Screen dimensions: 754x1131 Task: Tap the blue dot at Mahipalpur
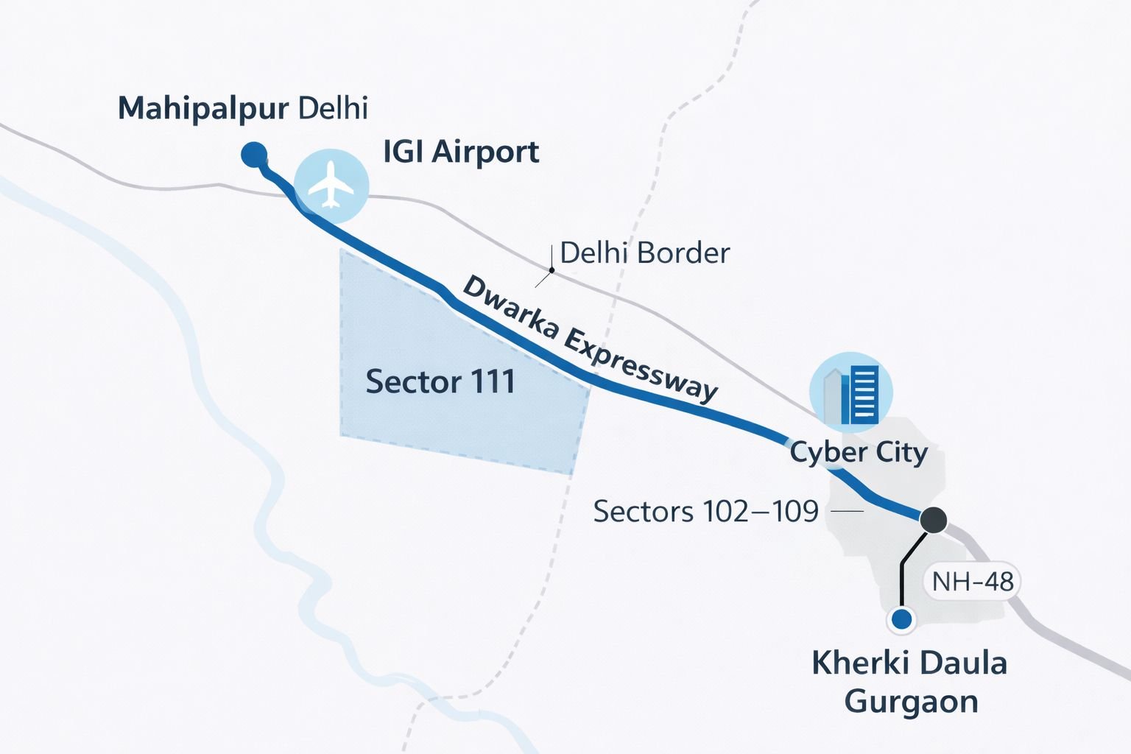pos(254,155)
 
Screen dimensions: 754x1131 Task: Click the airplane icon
pos(331,185)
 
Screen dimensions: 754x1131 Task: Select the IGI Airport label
pos(461,152)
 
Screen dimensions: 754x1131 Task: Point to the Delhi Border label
pos(644,253)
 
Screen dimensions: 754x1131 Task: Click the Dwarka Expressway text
pos(589,339)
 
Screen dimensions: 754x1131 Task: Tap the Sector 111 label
pos(440,381)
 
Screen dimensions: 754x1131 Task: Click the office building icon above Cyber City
pos(851,393)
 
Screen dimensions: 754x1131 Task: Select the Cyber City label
pos(859,451)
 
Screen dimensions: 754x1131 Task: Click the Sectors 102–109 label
pos(705,511)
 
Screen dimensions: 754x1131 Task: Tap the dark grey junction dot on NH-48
pos(934,520)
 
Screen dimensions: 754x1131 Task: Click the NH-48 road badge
pos(973,582)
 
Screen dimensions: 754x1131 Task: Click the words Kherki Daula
pos(909,663)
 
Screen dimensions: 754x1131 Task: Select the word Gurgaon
pos(911,701)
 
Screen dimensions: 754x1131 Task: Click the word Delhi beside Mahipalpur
pos(334,109)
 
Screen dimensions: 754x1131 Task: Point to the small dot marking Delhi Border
pos(552,270)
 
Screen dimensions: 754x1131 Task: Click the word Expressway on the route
pos(641,366)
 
